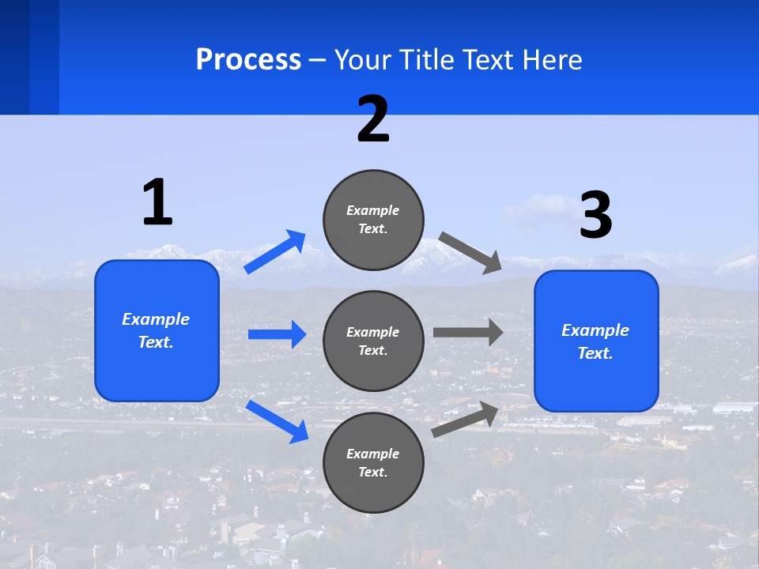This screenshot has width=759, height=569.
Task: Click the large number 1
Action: click(x=157, y=202)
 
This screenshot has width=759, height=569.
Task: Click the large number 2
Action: click(x=373, y=119)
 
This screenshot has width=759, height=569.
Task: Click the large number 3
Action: click(x=595, y=216)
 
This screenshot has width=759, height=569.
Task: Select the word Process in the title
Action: click(x=248, y=59)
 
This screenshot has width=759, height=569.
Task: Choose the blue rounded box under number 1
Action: click(x=157, y=330)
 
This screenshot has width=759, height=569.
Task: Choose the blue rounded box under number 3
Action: click(x=596, y=341)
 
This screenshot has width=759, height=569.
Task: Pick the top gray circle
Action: click(x=373, y=220)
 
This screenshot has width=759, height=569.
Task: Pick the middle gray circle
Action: click(x=373, y=341)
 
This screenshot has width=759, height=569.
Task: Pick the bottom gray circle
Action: click(x=373, y=462)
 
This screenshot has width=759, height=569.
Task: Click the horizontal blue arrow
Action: click(x=278, y=334)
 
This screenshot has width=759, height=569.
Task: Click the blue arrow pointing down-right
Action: click(x=278, y=421)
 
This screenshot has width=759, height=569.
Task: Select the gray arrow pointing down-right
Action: click(x=470, y=252)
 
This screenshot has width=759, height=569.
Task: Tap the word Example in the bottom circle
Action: click(x=373, y=454)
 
